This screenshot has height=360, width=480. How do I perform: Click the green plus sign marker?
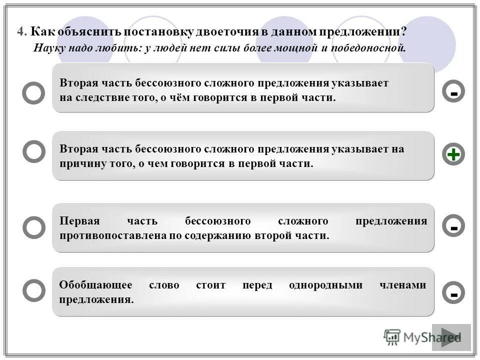click(x=453, y=155)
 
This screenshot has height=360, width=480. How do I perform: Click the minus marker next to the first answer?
click(x=453, y=92)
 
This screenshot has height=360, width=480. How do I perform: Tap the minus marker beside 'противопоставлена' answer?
click(x=453, y=227)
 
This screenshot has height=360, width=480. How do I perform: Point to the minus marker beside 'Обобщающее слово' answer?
click(x=453, y=293)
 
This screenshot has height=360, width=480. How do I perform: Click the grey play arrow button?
click(x=451, y=337)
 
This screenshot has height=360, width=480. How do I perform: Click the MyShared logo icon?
click(x=392, y=337)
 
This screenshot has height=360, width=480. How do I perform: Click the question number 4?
click(x=20, y=31)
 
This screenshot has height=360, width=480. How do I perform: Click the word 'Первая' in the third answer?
click(x=79, y=221)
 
